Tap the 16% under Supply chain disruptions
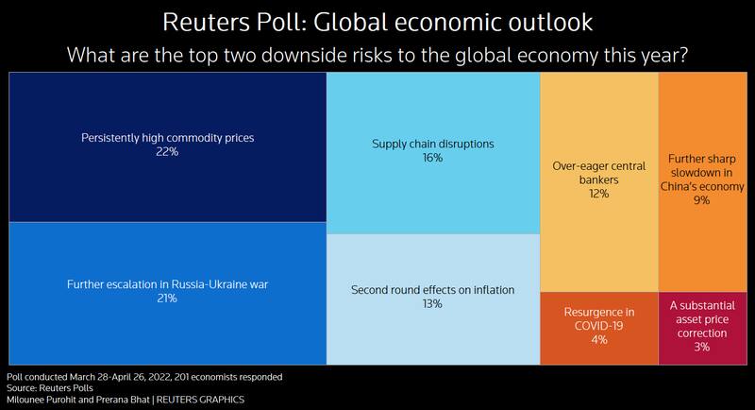(433, 159)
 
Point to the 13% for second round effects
(433, 304)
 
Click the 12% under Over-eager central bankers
(598, 194)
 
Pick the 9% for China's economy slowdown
(699, 200)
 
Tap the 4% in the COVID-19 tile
(598, 338)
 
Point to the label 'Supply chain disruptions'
(433, 145)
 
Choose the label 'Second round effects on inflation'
(433, 290)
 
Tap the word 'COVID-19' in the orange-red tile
(598, 325)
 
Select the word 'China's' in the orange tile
(682, 186)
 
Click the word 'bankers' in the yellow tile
(598, 179)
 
